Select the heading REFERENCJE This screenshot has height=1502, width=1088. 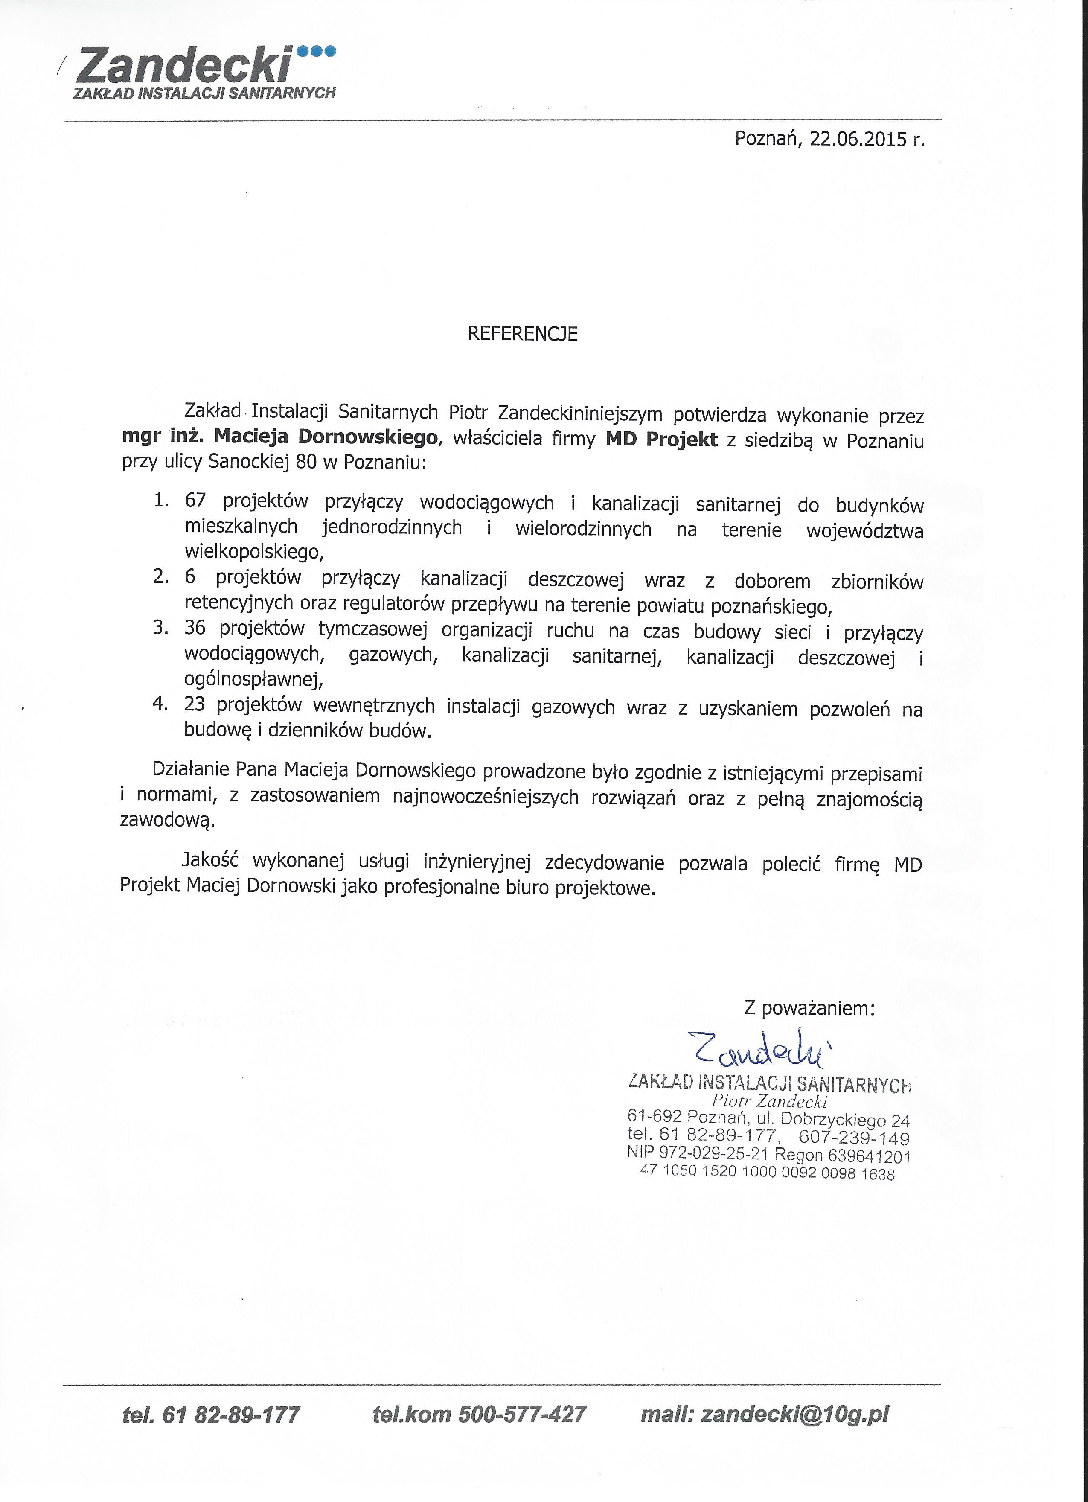pyautogui.click(x=523, y=334)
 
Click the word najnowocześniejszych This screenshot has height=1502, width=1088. pyautogui.click(x=486, y=796)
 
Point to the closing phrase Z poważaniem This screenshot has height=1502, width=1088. pyautogui.click(x=809, y=1008)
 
